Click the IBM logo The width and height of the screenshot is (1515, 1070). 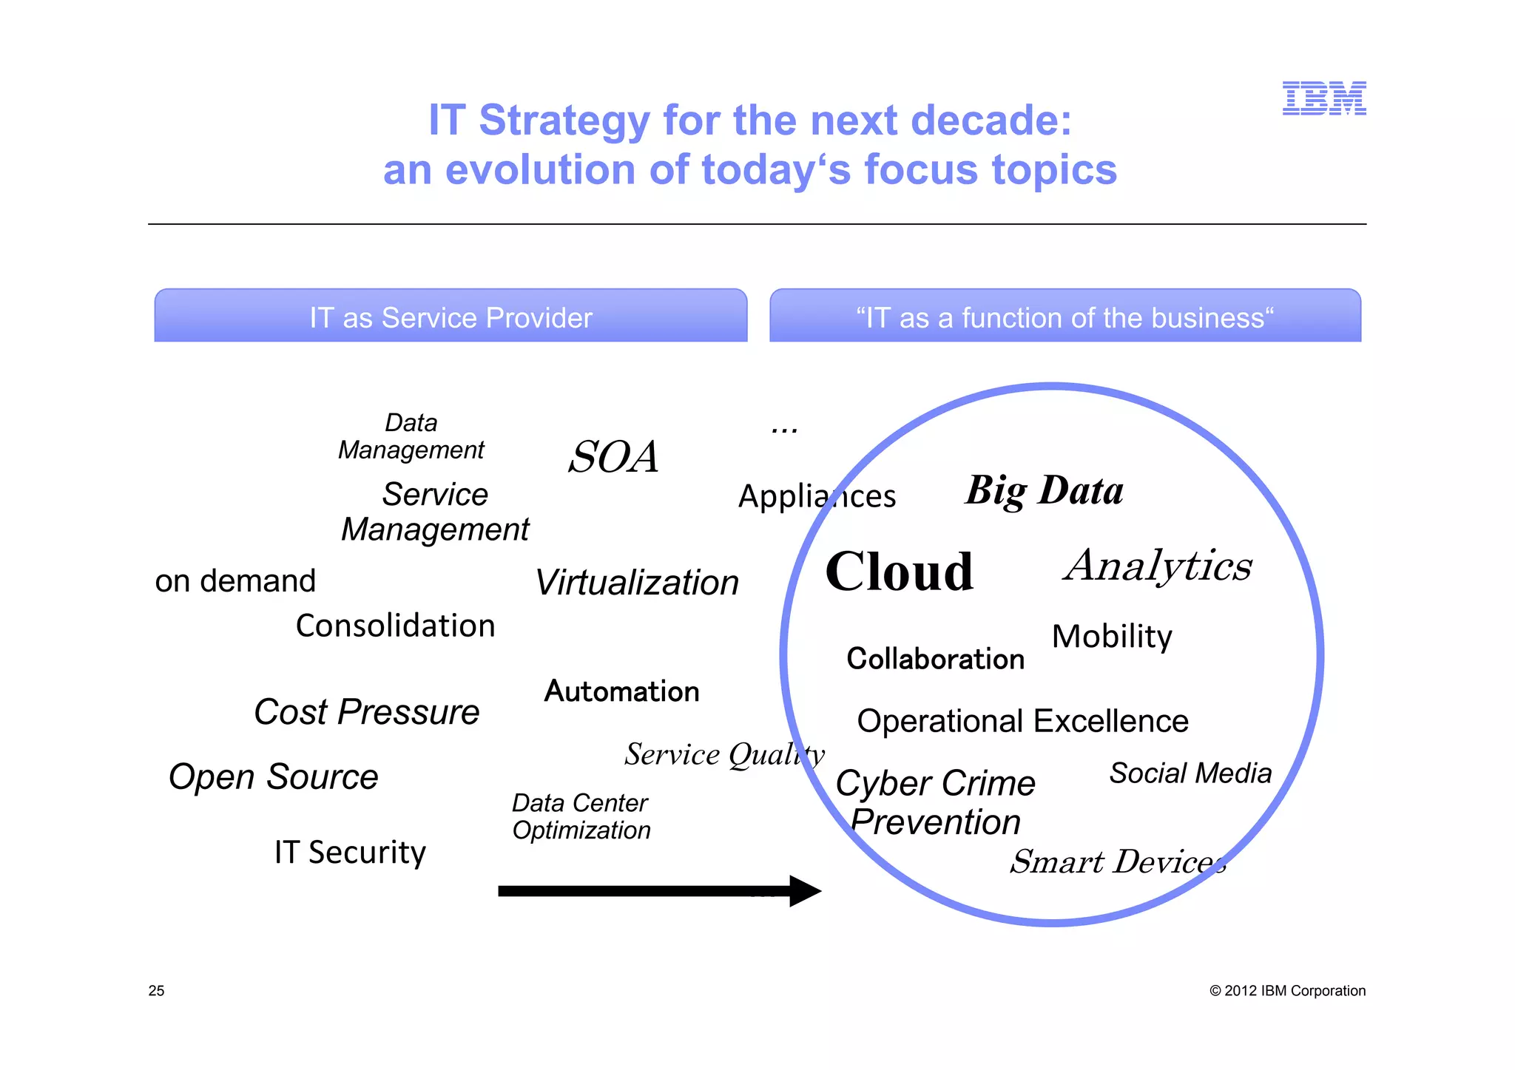click(1323, 98)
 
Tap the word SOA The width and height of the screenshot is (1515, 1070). click(613, 457)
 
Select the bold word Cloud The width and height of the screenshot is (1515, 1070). click(899, 572)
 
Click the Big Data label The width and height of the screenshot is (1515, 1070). click(1044, 490)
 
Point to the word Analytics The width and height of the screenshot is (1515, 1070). click(1158, 566)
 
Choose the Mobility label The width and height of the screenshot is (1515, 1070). click(1112, 637)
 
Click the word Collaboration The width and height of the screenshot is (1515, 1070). click(935, 659)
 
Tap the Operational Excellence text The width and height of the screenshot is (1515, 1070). click(1022, 721)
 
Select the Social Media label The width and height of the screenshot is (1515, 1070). click(1190, 773)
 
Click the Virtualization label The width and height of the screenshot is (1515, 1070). click(636, 583)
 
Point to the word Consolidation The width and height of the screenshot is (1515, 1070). click(395, 626)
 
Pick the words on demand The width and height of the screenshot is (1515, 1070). click(235, 581)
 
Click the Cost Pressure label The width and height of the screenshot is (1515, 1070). click(366, 712)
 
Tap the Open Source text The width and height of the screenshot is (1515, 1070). click(273, 777)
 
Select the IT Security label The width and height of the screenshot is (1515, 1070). click(350, 853)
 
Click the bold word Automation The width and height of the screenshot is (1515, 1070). click(621, 691)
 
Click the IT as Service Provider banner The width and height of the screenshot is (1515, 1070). click(451, 317)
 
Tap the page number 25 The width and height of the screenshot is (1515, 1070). click(156, 991)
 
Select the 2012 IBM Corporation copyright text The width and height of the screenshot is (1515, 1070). click(1287, 991)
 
